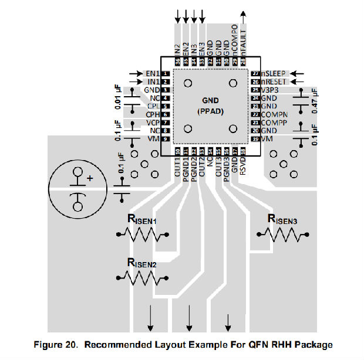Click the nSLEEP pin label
coord(274,73)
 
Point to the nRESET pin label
coord(275,81)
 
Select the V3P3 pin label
coord(271,90)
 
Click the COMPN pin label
coord(275,114)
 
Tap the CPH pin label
coord(151,114)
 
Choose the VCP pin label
coord(151,123)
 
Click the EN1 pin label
coord(151,73)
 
